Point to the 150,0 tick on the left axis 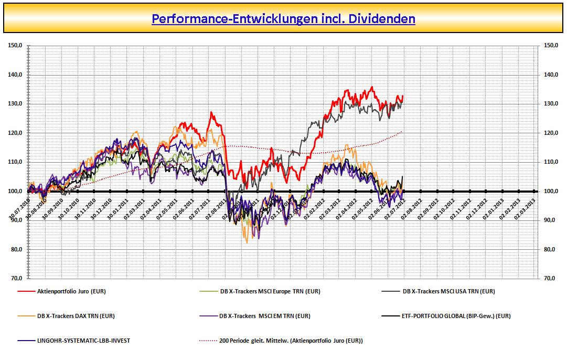15,46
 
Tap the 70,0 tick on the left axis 15,279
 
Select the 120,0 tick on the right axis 551,133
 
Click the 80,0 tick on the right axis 551,250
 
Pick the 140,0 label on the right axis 551,75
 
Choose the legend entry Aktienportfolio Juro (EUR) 71,291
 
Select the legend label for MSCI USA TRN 448,291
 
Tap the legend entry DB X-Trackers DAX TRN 76,316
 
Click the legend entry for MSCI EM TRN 265,316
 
